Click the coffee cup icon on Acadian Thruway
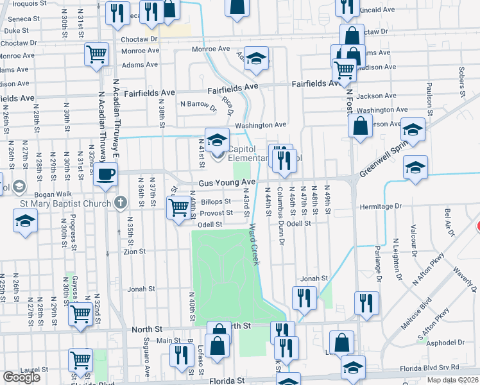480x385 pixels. pos(105,173)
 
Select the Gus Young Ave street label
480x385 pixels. pos(227,183)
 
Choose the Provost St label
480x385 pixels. pos(216,212)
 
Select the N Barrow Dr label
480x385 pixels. pos(199,103)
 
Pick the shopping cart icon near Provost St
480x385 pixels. pos(178,207)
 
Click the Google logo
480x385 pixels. pos(21,377)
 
